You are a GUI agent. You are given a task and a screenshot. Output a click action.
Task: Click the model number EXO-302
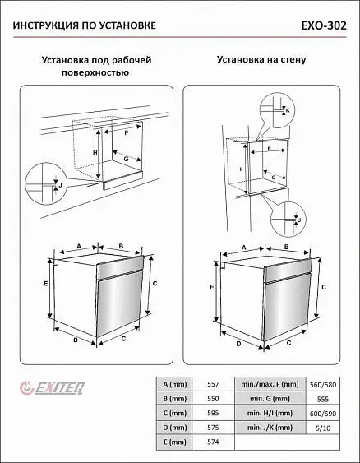click(x=324, y=25)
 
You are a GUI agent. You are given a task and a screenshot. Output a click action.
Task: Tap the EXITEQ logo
click(x=53, y=387)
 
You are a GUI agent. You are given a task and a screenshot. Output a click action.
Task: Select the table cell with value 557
click(x=213, y=384)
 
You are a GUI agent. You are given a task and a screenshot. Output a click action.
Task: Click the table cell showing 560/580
click(x=323, y=385)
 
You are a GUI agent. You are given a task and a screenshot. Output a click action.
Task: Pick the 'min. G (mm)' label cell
click(x=270, y=399)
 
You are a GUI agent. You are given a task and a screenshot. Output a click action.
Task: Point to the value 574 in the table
click(x=213, y=442)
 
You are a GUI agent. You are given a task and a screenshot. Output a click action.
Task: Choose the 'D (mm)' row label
click(x=175, y=428)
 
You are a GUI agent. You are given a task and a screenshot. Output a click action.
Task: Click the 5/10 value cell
click(x=323, y=428)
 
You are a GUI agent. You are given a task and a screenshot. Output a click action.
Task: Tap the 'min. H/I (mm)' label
click(x=270, y=413)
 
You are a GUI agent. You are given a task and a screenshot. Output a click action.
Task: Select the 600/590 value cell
click(x=323, y=414)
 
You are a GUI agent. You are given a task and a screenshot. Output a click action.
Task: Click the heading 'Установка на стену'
click(x=261, y=59)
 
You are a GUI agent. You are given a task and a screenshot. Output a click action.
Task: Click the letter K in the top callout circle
click(x=288, y=110)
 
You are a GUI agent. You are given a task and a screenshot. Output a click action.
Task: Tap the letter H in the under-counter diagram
click(x=95, y=153)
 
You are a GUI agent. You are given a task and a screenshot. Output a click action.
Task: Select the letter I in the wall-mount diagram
click(x=241, y=169)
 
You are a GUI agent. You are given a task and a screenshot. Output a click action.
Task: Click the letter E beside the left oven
click(x=46, y=283)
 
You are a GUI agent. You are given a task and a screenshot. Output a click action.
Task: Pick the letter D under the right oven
click(x=238, y=344)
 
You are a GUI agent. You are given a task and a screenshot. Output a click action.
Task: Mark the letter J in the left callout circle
click(x=60, y=185)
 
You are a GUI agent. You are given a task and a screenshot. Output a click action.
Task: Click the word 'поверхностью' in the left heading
click(x=95, y=72)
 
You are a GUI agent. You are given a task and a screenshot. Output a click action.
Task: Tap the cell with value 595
click(x=213, y=413)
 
